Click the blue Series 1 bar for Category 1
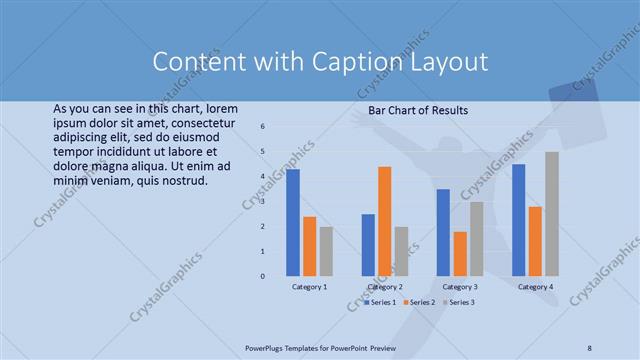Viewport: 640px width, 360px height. pos(293,222)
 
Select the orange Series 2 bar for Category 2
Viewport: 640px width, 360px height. pos(384,221)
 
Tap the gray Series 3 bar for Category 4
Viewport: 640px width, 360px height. pos(551,214)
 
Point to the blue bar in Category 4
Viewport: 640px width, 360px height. pos(518,220)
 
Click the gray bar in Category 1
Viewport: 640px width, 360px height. pos(326,251)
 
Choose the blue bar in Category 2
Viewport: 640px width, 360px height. pos(368,245)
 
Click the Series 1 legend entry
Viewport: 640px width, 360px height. pos(382,301)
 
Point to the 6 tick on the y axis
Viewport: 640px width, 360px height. pos(261,127)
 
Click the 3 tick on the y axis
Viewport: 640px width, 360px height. pos(261,202)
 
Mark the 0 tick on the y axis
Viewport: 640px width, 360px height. pos(261,276)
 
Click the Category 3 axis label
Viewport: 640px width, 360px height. pos(460,287)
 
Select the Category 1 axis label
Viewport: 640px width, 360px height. pos(309,287)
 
